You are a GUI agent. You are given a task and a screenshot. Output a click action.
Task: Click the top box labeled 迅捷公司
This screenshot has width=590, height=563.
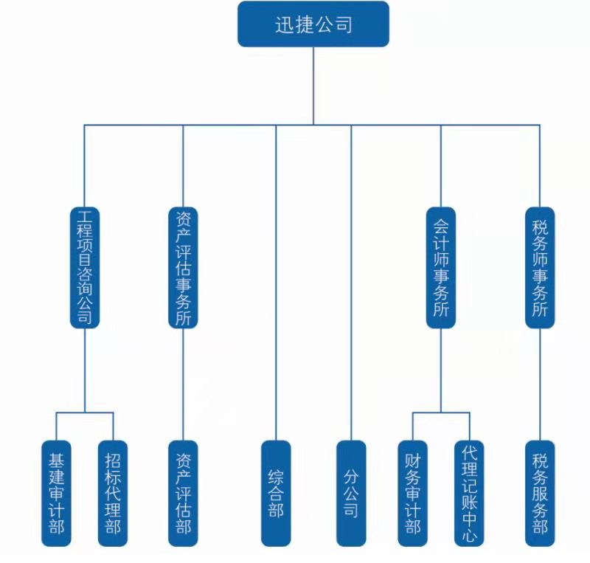pos(313,24)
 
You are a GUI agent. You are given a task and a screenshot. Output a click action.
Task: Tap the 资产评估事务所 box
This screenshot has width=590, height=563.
pos(184,267)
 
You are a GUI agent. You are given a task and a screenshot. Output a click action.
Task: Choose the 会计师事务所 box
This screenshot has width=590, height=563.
pos(441,267)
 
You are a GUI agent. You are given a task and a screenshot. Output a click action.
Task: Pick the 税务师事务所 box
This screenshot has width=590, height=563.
pos(540,267)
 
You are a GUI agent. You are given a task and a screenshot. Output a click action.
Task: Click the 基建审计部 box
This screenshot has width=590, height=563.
pos(56,493)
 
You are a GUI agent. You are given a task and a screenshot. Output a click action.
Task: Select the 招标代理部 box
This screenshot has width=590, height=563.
pos(113,493)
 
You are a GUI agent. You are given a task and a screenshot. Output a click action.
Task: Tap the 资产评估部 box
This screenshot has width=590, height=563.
pos(184,493)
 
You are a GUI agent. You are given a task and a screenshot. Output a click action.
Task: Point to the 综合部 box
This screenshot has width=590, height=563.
pos(276,493)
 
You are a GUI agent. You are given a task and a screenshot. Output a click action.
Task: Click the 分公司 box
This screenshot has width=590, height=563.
pos(351,493)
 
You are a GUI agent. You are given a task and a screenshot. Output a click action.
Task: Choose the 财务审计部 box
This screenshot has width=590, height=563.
pos(412,493)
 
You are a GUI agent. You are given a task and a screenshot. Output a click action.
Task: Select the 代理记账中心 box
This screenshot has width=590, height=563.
pos(468,493)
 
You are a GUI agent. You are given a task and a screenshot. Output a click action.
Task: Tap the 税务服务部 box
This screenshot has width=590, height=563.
pos(540,493)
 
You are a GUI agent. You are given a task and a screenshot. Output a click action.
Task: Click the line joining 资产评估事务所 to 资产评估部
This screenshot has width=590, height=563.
pos(184,384)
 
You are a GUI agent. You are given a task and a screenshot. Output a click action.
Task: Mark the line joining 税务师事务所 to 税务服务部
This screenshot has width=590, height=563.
pos(540,384)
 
